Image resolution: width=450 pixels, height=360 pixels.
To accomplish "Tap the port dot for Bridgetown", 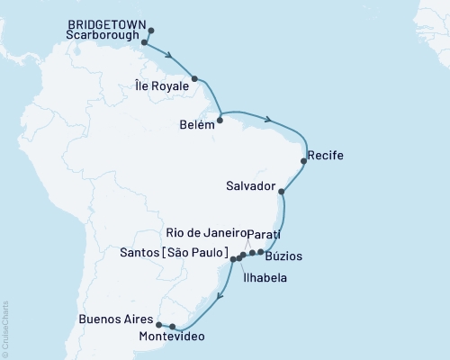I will tap(150, 31).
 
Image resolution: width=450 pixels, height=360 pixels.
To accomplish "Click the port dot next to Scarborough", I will tap(145, 41).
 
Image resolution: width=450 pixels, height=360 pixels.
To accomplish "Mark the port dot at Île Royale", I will tap(194, 79).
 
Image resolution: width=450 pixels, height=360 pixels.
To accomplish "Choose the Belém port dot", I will tap(220, 119).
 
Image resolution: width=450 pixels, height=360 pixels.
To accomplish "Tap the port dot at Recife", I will tap(303, 161).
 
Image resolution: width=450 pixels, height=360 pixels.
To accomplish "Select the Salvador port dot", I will tap(283, 192).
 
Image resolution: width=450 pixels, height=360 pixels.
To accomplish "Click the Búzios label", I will tap(283, 256).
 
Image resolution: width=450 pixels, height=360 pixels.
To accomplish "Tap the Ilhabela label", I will tap(264, 279).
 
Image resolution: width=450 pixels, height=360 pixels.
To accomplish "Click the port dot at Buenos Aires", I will tap(159, 325).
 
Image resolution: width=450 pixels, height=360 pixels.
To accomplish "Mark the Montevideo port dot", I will tap(173, 328).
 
